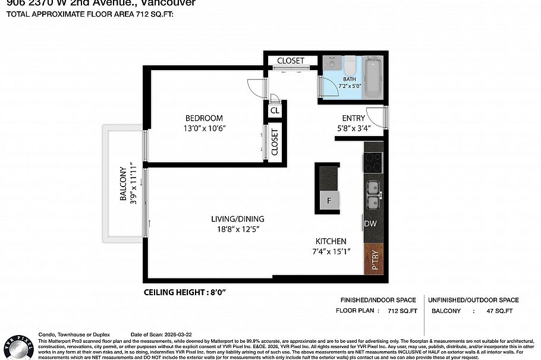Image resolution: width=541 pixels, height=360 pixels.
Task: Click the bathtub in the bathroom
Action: point(372,77)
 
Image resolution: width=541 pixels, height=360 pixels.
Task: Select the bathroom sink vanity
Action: point(332,62)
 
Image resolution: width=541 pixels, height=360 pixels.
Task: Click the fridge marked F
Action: point(329,201)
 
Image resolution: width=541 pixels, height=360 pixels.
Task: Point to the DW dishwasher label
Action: point(370,224)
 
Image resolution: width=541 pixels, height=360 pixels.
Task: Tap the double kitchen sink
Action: point(373,195)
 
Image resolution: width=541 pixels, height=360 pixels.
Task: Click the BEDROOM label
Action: point(204,118)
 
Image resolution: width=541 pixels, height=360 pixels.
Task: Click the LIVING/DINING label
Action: point(238,219)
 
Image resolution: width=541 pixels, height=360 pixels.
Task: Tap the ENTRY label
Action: point(353,118)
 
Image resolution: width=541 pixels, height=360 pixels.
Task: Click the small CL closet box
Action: point(275,110)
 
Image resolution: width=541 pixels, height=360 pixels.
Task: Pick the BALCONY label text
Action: point(124,183)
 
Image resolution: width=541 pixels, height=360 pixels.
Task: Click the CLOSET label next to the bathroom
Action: point(291,61)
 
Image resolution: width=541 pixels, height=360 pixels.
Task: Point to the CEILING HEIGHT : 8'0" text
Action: point(185,292)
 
